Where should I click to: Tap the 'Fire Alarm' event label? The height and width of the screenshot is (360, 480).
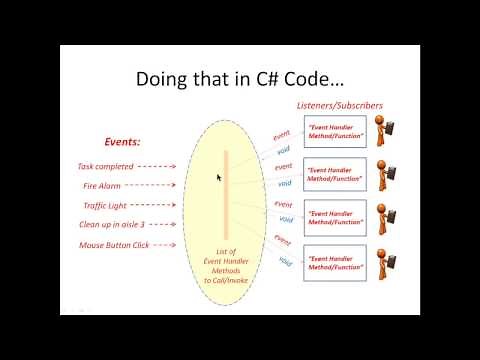click(103, 185)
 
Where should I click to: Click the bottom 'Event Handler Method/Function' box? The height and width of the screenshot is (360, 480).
click(335, 260)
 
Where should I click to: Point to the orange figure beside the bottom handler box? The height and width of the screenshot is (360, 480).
click(384, 262)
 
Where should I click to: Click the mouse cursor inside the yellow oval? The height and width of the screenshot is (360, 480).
click(218, 177)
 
